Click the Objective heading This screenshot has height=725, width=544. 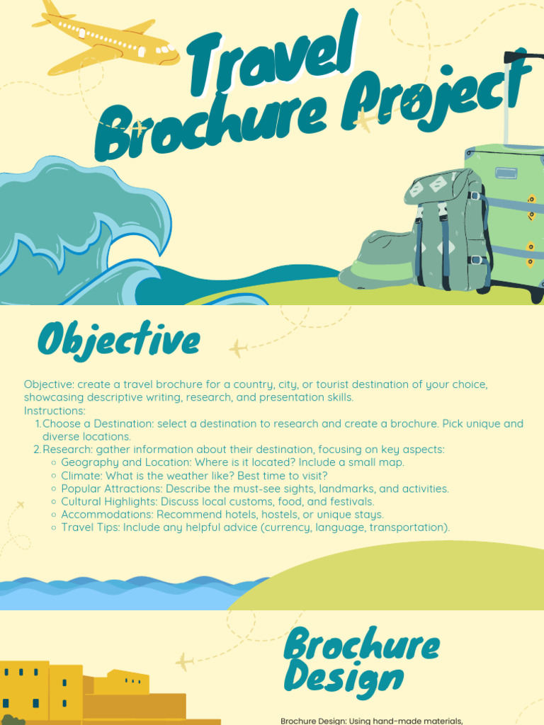pos(118,341)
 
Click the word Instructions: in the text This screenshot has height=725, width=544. pos(55,411)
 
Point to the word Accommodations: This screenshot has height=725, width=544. pos(107,515)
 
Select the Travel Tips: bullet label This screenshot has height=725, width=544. pos(91,527)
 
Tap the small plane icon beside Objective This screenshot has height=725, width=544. pos(237,348)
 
